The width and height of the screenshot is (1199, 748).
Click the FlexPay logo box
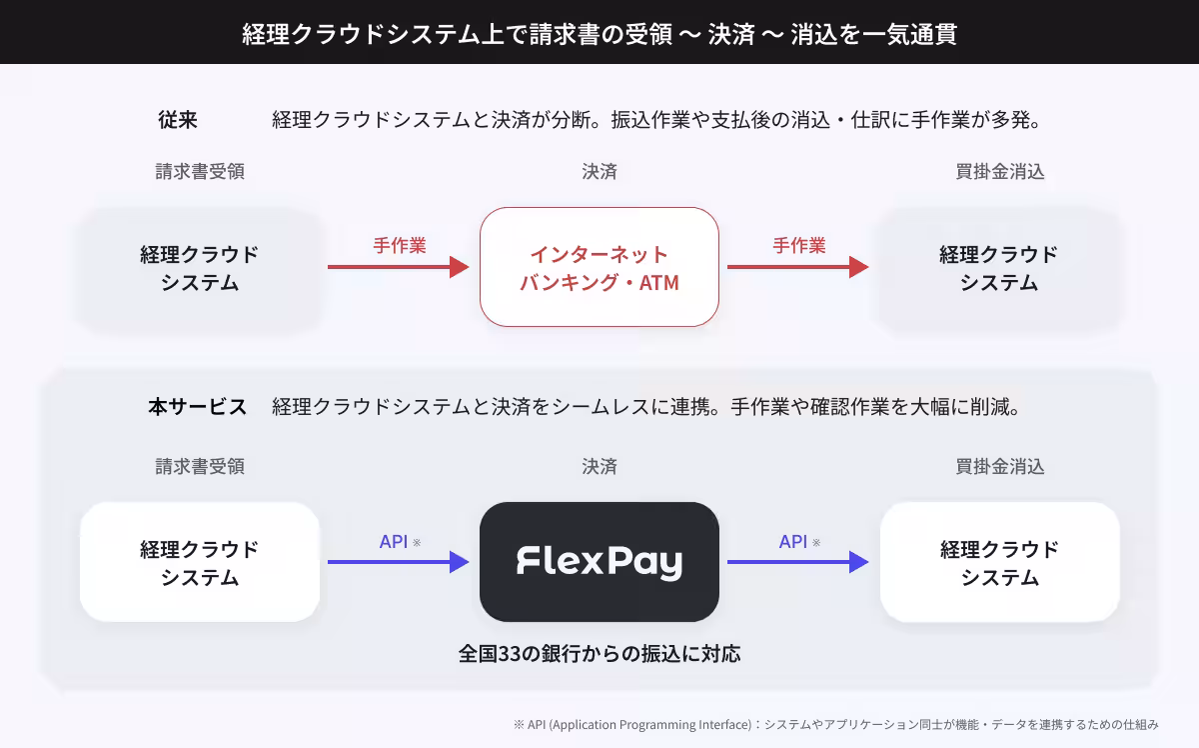pos(599,562)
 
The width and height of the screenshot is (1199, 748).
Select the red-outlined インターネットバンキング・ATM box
pos(599,267)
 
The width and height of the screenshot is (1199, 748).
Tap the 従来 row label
pos(178,119)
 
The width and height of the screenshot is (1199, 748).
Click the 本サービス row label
pos(198,407)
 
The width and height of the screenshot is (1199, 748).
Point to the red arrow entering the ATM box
pos(399,267)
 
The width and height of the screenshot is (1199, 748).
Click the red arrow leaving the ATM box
pos(797,267)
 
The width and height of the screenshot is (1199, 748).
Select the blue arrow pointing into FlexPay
pos(399,562)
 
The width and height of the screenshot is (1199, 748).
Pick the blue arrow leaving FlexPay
pos(797,562)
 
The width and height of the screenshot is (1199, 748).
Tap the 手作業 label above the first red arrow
pos(400,245)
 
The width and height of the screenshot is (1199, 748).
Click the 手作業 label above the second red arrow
pos(799,245)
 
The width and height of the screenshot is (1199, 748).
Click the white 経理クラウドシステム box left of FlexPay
pos(200,562)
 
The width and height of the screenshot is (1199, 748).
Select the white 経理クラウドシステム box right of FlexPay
pos(999,562)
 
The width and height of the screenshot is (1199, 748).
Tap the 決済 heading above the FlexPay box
pos(599,467)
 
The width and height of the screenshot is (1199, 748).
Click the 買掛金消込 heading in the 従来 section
pos(1000,171)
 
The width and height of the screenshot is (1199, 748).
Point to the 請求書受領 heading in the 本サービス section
pos(200,467)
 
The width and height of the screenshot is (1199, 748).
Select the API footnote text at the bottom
pos(835,724)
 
